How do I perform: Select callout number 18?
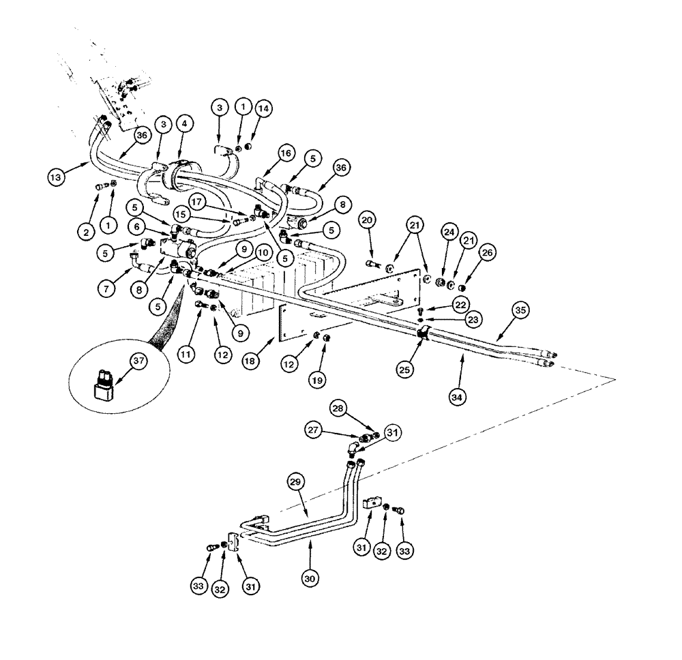[x=251, y=361]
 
